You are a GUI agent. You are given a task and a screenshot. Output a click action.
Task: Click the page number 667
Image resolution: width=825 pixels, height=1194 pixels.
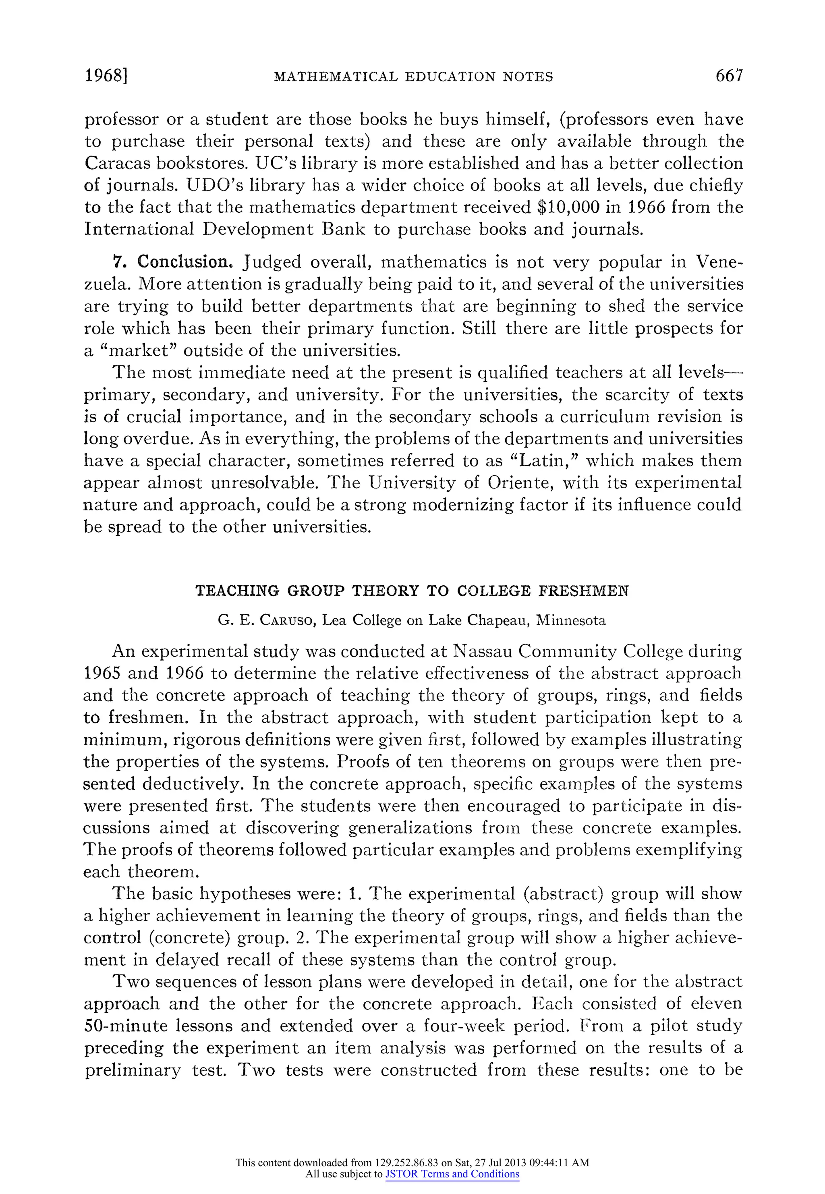point(729,76)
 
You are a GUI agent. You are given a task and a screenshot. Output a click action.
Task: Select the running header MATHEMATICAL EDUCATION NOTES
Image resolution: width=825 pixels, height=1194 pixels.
point(413,77)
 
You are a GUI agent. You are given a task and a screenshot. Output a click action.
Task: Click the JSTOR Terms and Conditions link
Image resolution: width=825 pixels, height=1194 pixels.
point(452,1174)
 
